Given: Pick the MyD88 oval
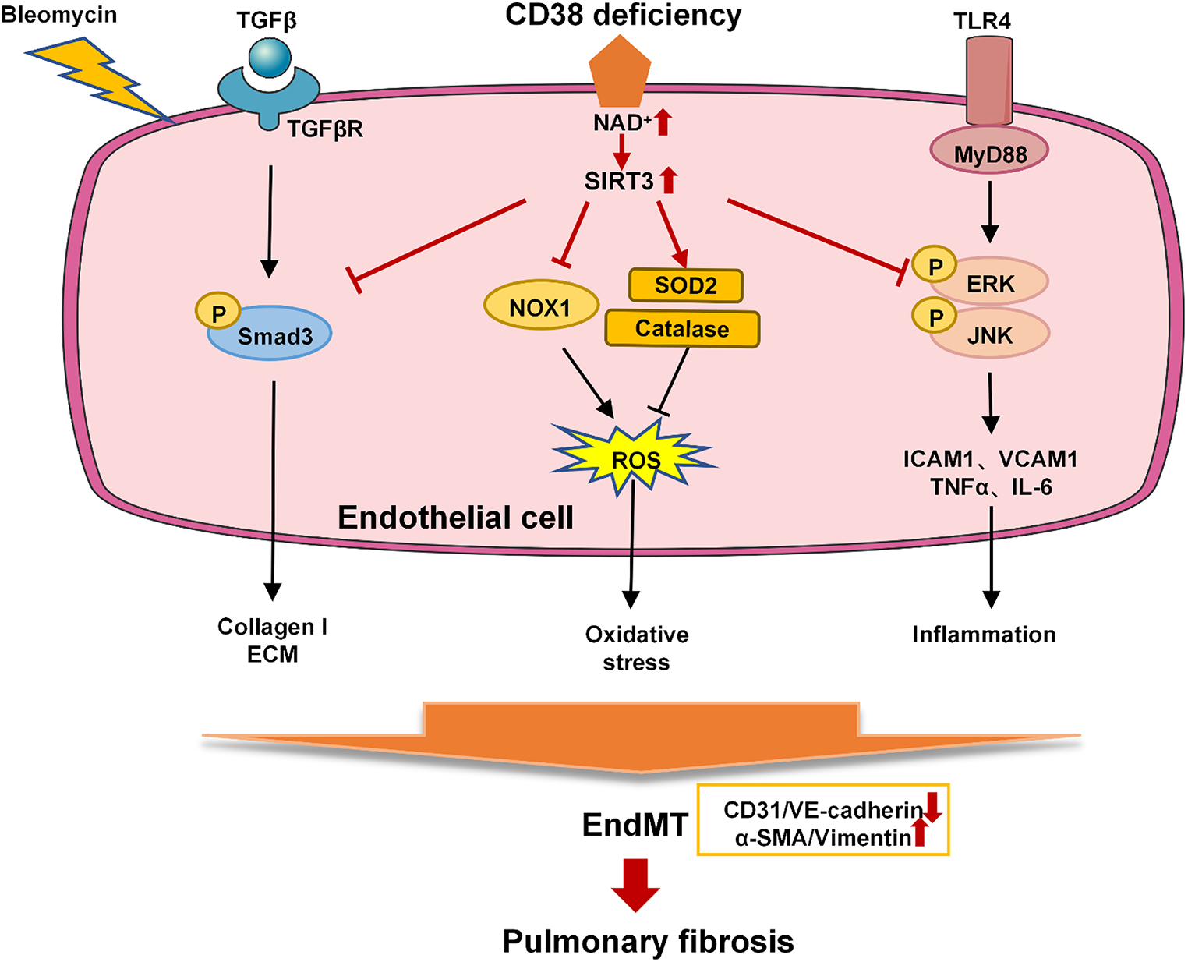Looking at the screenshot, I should click(x=989, y=154).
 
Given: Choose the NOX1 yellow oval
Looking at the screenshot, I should click(x=541, y=306).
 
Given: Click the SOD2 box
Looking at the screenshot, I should click(x=685, y=285).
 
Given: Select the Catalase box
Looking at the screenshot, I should click(x=682, y=328).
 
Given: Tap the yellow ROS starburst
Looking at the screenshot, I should click(x=635, y=459).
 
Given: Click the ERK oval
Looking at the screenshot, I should click(x=991, y=284).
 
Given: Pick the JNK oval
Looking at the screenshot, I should click(x=991, y=335).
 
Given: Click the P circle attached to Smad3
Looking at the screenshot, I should click(x=218, y=313).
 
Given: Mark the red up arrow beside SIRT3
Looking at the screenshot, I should click(x=668, y=181).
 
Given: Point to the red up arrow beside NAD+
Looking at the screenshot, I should click(x=663, y=122).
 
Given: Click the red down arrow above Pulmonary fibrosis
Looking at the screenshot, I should click(x=635, y=885).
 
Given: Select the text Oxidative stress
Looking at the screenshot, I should click(x=637, y=648).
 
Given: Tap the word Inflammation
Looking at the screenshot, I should click(x=984, y=635).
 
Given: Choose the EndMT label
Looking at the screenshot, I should click(x=635, y=824).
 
